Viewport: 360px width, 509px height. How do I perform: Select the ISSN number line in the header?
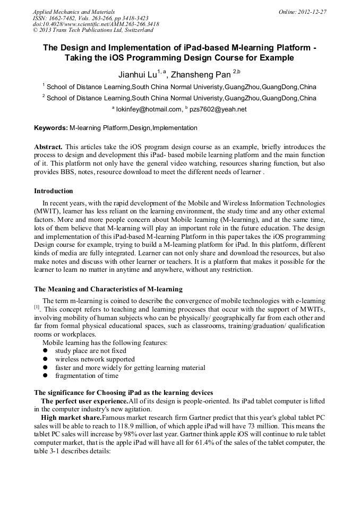pos(91,18)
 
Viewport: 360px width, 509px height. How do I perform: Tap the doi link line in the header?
pos(96,24)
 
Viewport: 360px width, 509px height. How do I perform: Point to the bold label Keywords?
pos(51,128)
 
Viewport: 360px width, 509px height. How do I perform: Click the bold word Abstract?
pos(48,146)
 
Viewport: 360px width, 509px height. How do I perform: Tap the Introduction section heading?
pos(54,191)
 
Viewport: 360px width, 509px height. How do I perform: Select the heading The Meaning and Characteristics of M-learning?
pos(108,289)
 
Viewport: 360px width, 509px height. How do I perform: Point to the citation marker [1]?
pos(37,307)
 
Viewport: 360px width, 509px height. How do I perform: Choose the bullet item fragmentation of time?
pos(87,376)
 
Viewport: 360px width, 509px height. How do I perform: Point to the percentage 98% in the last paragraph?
pos(119,435)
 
